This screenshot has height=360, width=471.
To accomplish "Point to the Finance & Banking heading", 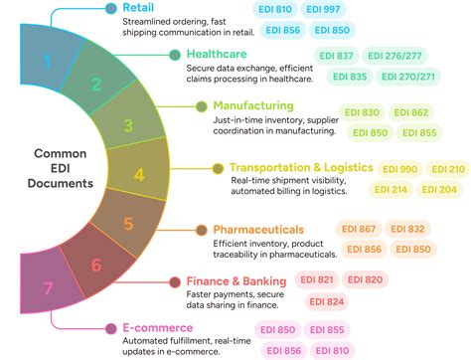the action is (x=236, y=281).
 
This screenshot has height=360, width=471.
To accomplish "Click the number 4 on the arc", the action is (x=139, y=175).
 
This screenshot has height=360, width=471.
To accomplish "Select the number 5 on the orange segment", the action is (x=127, y=225).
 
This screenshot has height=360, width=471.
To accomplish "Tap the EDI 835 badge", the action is (x=349, y=76).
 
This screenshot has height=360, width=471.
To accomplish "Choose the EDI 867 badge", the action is (x=357, y=229).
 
